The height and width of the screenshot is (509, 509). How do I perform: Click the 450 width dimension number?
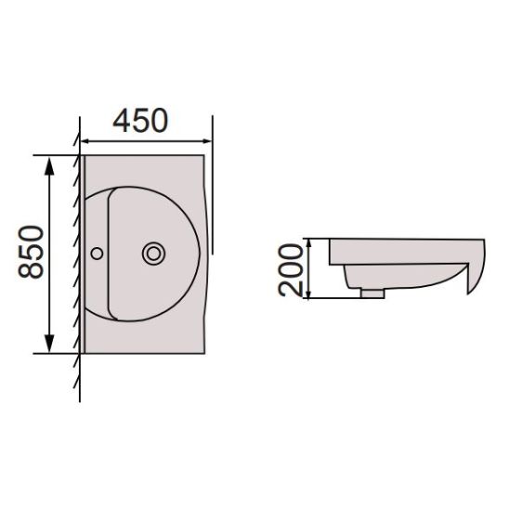coord(140,120)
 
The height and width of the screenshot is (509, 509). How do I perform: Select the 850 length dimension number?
coord(32,253)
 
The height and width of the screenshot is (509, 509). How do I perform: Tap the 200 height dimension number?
coord(291,268)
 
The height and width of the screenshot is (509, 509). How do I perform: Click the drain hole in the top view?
coord(152,252)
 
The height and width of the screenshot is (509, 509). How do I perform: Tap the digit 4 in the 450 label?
coord(122,120)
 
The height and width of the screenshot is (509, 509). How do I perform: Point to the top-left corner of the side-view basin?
coord(331,239)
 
